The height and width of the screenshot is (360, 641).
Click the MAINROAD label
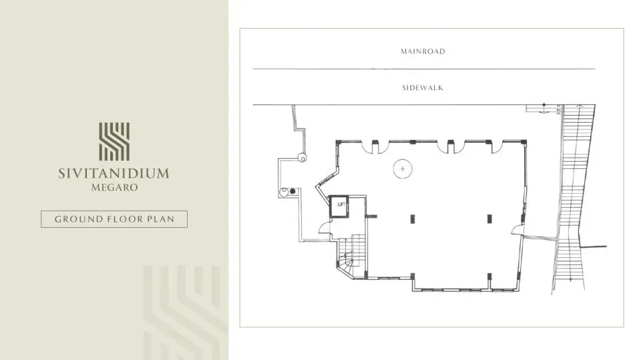point(422,51)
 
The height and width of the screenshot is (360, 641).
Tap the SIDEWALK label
point(423,87)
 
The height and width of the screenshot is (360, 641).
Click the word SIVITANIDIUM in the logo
point(114,174)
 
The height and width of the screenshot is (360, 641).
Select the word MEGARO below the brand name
point(114,188)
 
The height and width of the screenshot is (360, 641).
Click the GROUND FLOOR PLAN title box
point(114,219)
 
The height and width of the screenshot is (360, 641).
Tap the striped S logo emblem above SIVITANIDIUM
point(114,142)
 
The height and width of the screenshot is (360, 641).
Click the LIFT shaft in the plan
point(341,205)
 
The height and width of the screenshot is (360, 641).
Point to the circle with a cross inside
point(403,169)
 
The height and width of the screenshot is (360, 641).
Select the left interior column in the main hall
point(412,218)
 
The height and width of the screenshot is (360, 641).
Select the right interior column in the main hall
point(489,218)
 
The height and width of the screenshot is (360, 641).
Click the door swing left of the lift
point(323,227)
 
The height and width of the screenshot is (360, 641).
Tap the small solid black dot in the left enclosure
point(292,190)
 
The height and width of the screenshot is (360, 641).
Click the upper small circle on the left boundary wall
point(302,158)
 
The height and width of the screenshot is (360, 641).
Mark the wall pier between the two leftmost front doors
point(375,142)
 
